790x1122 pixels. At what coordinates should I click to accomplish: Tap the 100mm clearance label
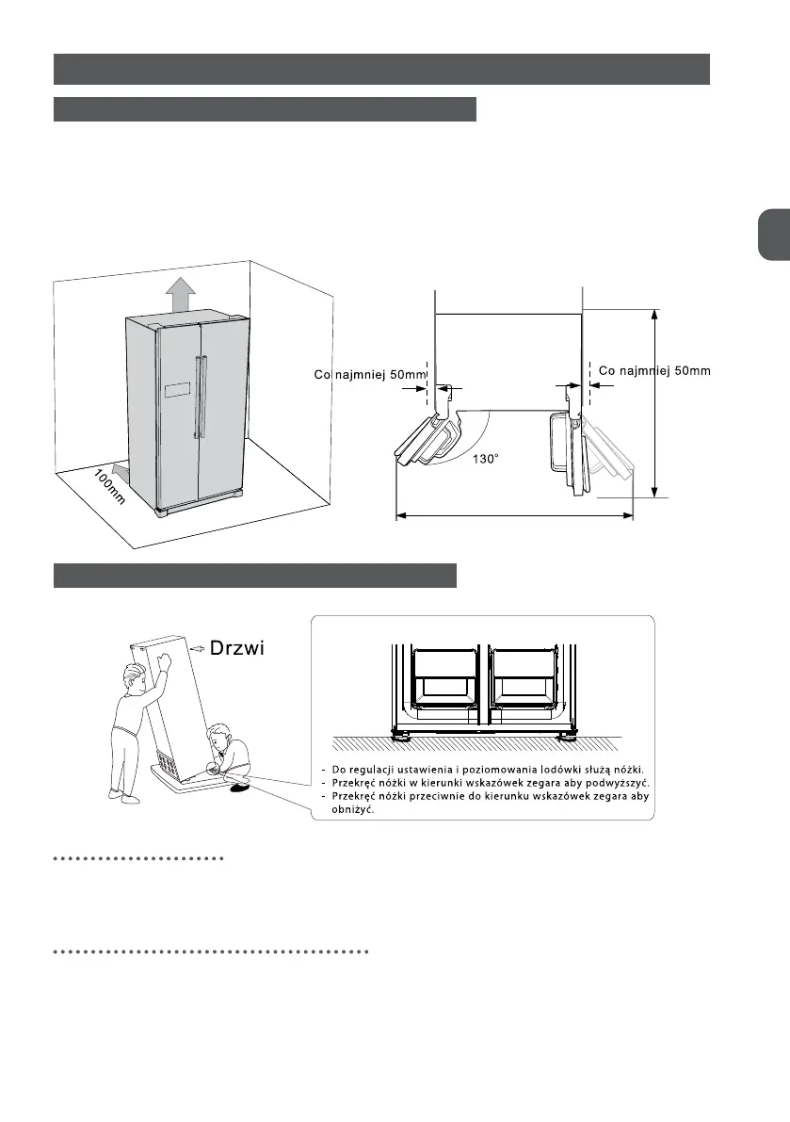pos(109,489)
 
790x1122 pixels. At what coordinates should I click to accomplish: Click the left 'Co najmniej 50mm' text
pos(370,375)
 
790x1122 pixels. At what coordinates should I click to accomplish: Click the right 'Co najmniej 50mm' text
pos(654,371)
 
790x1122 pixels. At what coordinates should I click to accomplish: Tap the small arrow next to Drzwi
pos(197,649)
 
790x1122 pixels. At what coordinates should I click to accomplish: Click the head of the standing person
pos(135,677)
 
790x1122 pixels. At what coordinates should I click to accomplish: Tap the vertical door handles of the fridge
pos(199,396)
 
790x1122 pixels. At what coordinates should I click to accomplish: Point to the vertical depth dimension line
pos(654,401)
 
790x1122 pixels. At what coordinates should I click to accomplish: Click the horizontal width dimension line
pos(514,514)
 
